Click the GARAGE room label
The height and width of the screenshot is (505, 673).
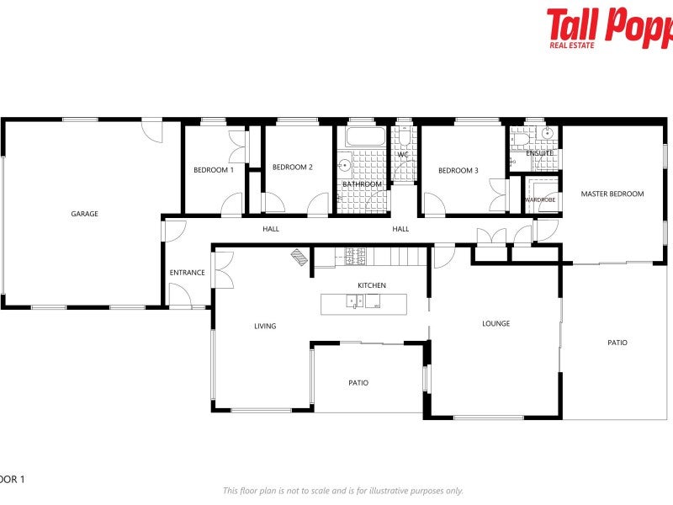tap(84, 214)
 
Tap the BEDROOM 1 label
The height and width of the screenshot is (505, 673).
tap(213, 170)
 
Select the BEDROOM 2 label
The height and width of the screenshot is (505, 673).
tap(292, 167)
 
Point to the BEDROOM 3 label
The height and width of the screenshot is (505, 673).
tap(458, 170)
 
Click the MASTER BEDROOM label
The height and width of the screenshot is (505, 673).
tap(612, 194)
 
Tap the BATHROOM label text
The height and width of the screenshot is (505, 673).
tap(362, 184)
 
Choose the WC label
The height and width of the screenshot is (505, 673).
tap(402, 155)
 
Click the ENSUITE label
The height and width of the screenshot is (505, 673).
tap(539, 153)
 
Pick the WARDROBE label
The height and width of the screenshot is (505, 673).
tap(539, 200)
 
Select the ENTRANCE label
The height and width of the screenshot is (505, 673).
tap(187, 273)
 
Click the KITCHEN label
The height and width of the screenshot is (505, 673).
tap(371, 285)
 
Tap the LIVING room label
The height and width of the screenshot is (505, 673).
tap(265, 326)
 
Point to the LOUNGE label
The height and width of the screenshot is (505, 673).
tap(495, 323)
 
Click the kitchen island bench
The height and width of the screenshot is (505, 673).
tap(363, 304)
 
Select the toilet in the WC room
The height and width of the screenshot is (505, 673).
tap(405, 137)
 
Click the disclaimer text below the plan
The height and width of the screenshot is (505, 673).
tap(342, 491)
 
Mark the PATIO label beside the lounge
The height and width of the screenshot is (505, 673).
tap(617, 343)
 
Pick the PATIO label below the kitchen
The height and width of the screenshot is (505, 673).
tap(358, 383)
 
